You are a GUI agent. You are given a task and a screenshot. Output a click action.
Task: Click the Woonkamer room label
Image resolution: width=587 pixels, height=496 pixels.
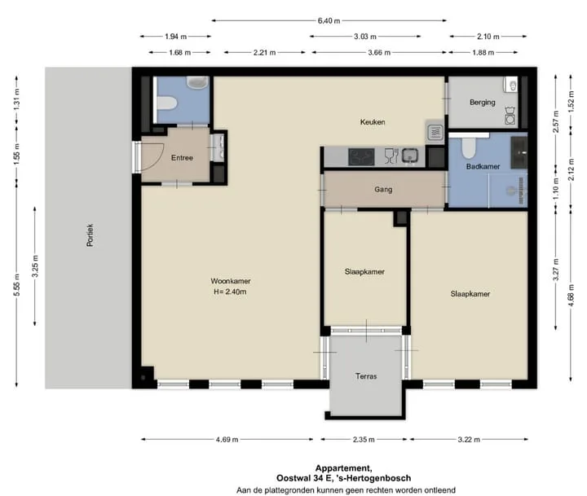pyautogui.click(x=230, y=281)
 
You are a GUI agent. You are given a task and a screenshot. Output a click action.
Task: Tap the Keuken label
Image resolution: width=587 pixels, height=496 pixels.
pyautogui.click(x=373, y=122)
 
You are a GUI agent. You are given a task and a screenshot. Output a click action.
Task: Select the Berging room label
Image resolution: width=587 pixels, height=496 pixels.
pyautogui.click(x=482, y=103)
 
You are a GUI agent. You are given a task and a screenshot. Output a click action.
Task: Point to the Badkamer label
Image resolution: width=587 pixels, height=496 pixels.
pyautogui.click(x=483, y=166)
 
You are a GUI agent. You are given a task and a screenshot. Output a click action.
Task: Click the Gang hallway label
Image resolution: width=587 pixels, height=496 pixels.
pyautogui.click(x=383, y=190)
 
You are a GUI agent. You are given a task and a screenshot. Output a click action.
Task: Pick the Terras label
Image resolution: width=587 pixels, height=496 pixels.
pyautogui.click(x=366, y=376)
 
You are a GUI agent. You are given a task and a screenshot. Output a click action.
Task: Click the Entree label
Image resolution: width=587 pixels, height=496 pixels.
pyautogui.click(x=182, y=158)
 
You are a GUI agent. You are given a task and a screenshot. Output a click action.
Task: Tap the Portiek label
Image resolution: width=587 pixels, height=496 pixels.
pyautogui.click(x=90, y=235)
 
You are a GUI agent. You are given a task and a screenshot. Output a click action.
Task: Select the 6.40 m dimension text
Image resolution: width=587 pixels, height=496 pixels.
pyautogui.click(x=329, y=21)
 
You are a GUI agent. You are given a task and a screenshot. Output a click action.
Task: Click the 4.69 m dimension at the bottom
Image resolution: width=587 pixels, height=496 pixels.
pyautogui.click(x=227, y=440)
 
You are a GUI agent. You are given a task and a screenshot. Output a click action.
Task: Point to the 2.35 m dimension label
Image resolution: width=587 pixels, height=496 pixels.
pyautogui.click(x=364, y=440)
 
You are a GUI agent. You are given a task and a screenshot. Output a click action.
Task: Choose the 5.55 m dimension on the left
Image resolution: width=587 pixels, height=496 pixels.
pyautogui.click(x=17, y=285)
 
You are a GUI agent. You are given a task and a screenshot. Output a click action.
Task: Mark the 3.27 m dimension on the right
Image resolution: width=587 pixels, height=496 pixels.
pyautogui.click(x=556, y=270)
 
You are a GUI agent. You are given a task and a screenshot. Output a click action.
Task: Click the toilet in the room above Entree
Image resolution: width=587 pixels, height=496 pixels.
pyautogui.click(x=167, y=103)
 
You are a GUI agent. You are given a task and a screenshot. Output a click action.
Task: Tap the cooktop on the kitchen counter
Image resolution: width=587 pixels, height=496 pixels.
pyautogui.click(x=361, y=157)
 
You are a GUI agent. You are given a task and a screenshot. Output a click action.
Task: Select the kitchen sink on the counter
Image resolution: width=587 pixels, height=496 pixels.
pyautogui.click(x=410, y=156)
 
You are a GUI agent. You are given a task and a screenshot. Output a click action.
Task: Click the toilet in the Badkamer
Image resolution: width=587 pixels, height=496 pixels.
pyautogui.click(x=468, y=148)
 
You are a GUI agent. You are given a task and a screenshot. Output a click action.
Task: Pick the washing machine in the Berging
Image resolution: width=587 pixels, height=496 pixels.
pyautogui.click(x=510, y=116)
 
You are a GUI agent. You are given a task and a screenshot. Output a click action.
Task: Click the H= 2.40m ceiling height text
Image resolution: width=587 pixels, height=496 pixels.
pyautogui.click(x=230, y=292)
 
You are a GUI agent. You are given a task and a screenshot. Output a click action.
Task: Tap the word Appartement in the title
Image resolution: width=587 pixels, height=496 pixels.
pyautogui.click(x=343, y=468)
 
